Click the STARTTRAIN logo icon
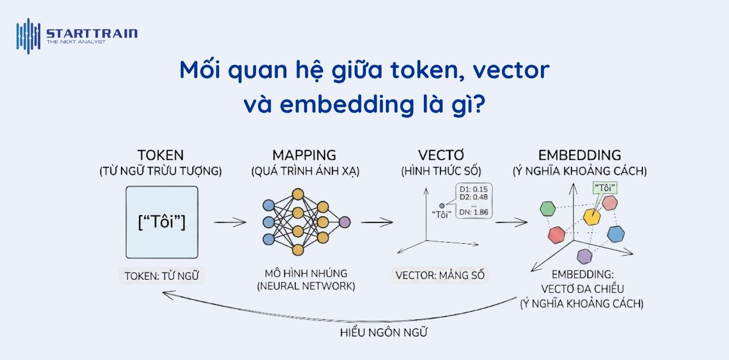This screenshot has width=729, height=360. [28, 35]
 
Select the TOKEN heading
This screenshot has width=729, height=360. [160, 155]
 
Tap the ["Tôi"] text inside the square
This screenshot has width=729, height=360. [162, 222]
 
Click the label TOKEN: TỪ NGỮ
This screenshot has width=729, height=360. [161, 276]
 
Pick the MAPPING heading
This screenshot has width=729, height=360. [304, 155]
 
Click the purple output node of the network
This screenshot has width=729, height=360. [345, 222]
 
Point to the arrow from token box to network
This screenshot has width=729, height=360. [230, 223]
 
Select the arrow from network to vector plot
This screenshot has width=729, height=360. [377, 223]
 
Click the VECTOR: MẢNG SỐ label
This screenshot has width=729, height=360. [440, 275]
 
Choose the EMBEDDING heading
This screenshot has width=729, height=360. [579, 155]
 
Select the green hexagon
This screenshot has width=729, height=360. [548, 209]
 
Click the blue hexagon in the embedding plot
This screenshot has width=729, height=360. [616, 234]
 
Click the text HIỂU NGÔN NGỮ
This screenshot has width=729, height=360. [384, 333]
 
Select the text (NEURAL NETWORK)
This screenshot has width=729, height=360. [306, 286]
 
